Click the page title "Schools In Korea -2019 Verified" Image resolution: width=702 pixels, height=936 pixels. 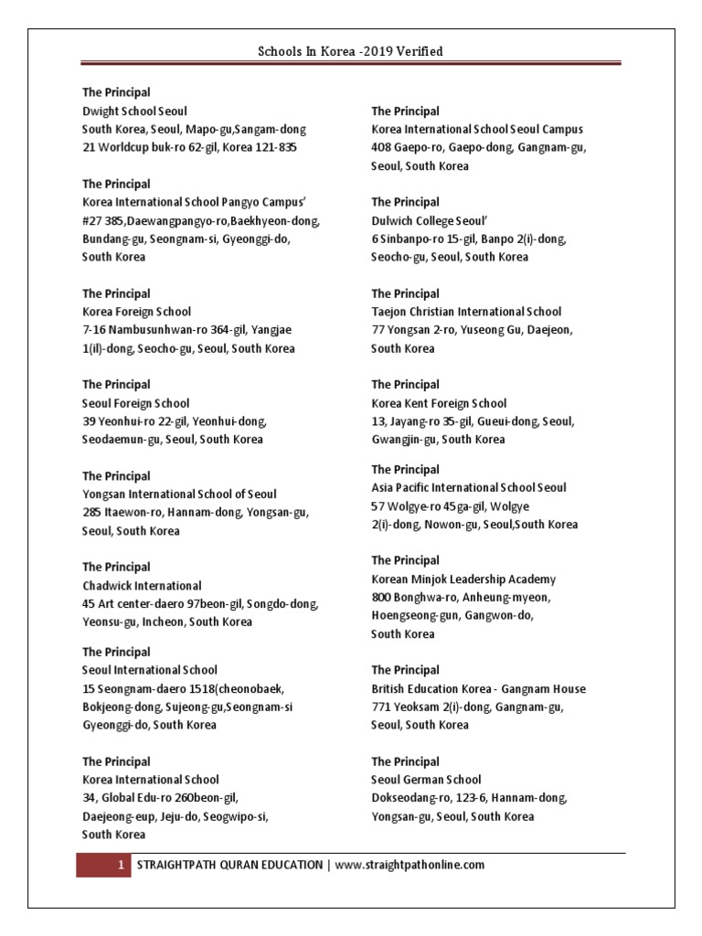(351, 51)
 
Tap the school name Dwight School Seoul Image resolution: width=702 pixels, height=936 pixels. (134, 111)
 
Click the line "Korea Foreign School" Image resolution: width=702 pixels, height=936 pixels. (137, 312)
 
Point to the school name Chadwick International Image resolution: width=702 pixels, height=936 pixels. (142, 585)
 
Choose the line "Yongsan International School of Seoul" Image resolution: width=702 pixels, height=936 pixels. (179, 495)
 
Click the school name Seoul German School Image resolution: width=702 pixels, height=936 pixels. (426, 780)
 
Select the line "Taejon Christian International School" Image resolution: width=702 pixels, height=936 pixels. (466, 312)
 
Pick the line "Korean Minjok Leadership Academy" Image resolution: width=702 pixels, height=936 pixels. (463, 579)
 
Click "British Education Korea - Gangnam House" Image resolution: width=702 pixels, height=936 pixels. (478, 688)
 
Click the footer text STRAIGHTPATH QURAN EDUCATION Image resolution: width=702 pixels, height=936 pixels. (228, 864)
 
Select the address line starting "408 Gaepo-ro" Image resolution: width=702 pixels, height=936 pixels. (479, 147)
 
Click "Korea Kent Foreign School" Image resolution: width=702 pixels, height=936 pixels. (439, 403)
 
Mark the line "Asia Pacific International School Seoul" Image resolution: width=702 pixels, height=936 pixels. (469, 487)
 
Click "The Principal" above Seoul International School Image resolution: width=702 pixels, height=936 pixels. (117, 652)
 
